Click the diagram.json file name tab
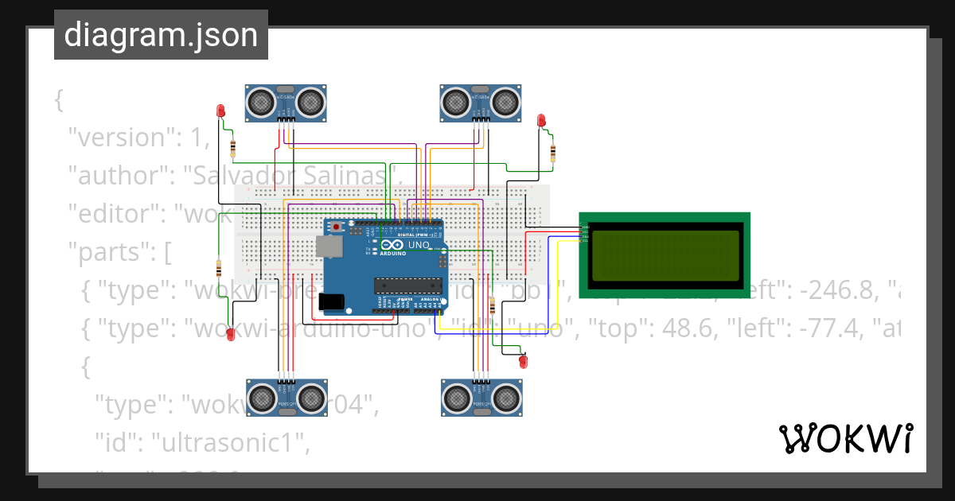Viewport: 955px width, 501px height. pos(161,35)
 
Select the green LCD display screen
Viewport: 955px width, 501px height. pos(664,254)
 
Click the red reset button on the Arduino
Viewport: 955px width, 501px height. pos(337,227)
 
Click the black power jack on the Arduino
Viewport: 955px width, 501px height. pos(331,301)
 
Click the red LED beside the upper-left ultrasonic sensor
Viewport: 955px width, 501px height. pos(220,110)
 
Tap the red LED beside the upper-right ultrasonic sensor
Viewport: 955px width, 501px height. pos(542,121)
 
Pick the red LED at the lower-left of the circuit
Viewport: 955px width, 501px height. pos(231,334)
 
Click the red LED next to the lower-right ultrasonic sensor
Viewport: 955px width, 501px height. pos(523,363)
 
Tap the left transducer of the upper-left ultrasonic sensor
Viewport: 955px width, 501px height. pos(260,101)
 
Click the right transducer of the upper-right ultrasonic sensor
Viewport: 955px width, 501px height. pos(505,101)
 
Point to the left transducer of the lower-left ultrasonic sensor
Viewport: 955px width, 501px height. pos(260,395)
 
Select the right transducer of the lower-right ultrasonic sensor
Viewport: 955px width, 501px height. pos(505,395)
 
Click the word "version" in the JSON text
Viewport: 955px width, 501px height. pos(119,138)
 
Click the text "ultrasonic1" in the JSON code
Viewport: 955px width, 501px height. pos(232,444)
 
